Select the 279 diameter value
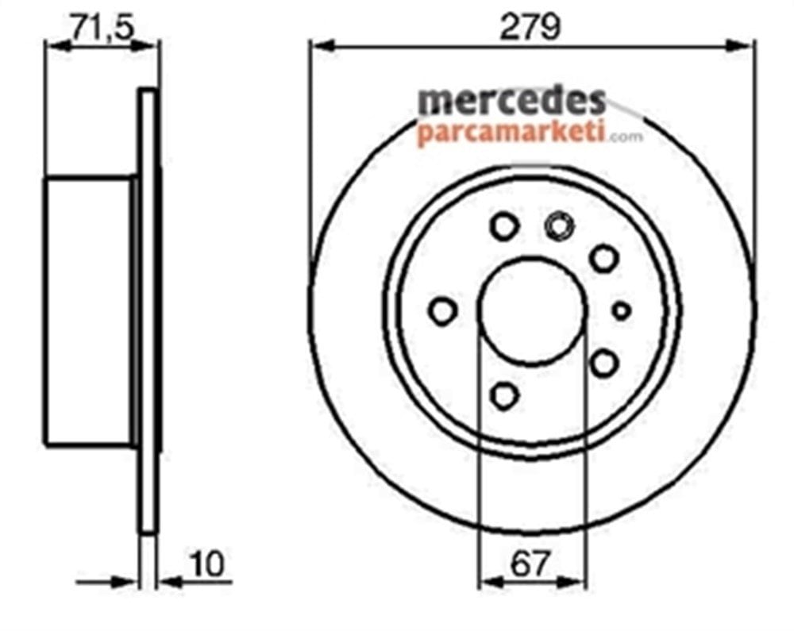pyautogui.click(x=530, y=28)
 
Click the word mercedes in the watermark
pyautogui.click(x=511, y=101)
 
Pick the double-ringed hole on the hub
pyautogui.click(x=558, y=227)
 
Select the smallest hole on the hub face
pyautogui.click(x=622, y=310)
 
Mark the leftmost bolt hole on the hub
pyautogui.click(x=443, y=311)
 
